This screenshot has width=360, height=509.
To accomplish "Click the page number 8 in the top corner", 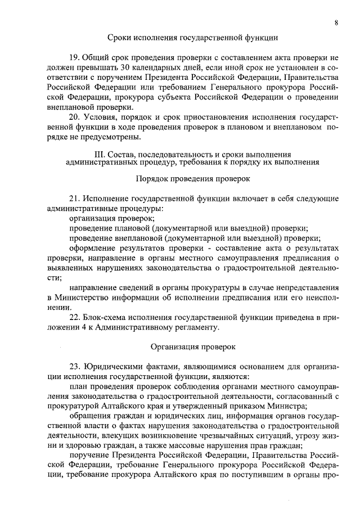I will pyautogui.click(x=336, y=22).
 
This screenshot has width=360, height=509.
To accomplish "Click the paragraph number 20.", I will pyautogui.click(x=74, y=117).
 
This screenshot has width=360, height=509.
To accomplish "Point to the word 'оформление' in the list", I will pyautogui.click(x=92, y=248).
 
